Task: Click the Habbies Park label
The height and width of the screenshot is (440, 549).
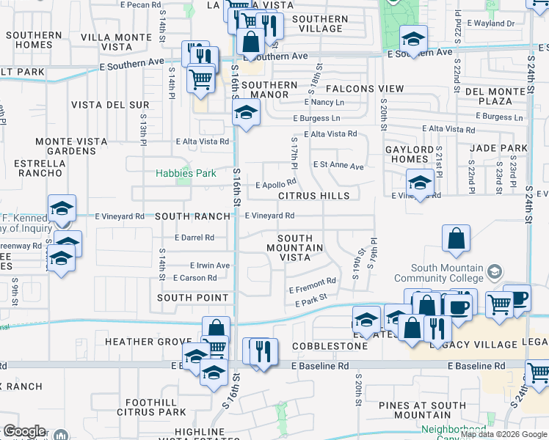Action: coord(186,174)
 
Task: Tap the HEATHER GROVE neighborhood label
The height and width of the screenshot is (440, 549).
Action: coord(150,342)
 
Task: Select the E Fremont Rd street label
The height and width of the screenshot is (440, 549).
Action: coord(312,281)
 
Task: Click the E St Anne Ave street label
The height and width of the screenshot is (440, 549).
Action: coord(338,166)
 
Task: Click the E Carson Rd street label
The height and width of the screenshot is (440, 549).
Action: coord(194,278)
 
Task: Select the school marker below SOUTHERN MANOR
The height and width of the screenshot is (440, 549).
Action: coord(246,113)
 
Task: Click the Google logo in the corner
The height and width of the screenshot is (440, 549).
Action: coord(24,431)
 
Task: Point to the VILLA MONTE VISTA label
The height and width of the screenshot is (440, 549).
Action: coord(117,41)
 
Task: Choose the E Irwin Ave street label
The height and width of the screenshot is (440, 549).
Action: coord(209,265)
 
